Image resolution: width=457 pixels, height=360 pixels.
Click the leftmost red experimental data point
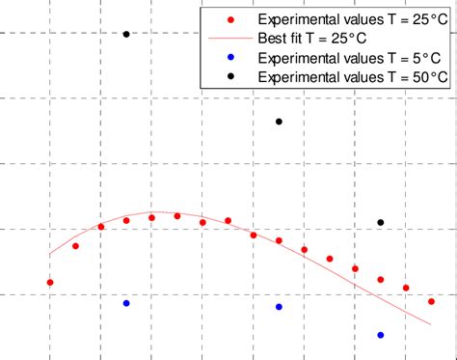point(50,283)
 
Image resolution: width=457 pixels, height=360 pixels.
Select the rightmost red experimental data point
point(431,301)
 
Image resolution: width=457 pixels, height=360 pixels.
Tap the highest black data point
point(126,35)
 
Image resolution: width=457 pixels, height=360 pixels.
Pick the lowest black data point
point(381,223)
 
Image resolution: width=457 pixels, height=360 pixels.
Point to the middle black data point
point(279,122)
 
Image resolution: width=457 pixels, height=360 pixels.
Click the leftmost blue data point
point(126,303)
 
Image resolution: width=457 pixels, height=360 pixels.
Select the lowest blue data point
point(381,335)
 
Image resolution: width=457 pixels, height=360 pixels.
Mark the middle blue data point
point(279,307)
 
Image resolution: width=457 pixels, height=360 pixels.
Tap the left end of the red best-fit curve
point(50,255)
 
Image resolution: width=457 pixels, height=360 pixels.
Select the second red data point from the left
point(75,246)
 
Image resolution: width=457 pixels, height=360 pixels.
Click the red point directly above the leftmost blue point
point(126,221)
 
